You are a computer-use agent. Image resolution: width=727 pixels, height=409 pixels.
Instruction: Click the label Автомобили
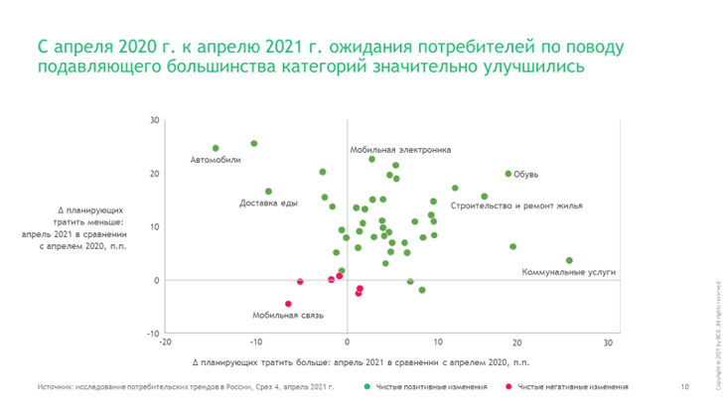pos(216,160)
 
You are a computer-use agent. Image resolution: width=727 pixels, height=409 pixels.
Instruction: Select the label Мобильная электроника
pos(393,150)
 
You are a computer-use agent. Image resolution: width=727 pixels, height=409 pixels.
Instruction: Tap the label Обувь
pos(526,175)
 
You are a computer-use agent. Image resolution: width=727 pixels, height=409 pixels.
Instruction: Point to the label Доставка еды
pos(269,204)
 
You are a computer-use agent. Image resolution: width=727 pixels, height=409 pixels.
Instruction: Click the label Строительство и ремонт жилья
pos(515,205)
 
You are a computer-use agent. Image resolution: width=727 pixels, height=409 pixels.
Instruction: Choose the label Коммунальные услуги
pos(569,271)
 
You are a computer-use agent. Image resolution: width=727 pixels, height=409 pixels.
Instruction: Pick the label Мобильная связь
pos(288,315)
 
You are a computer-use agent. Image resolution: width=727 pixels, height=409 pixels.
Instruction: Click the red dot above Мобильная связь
pos(288,304)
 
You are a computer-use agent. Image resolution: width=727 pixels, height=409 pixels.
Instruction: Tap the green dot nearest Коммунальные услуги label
pos(569,260)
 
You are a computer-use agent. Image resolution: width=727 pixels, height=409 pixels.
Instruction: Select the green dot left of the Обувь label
pos(508,174)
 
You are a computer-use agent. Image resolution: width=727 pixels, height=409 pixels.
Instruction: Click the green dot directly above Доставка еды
pos(268,192)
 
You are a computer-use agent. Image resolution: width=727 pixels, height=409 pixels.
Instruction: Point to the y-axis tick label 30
pos(155,121)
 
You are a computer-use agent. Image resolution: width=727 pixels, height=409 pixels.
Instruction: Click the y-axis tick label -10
pos(153,334)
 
